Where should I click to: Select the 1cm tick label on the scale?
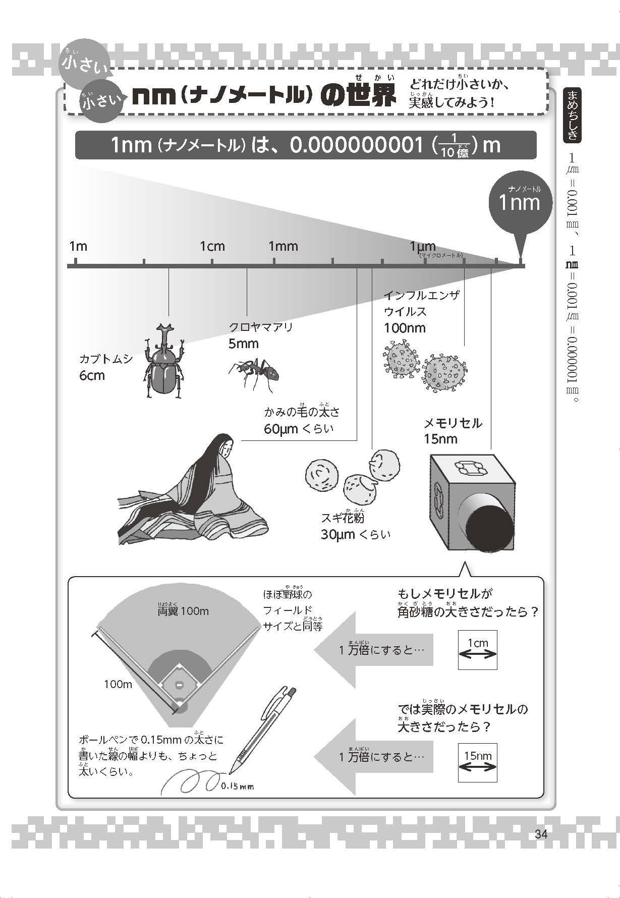tap(212, 246)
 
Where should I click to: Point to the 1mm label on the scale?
tap(283, 246)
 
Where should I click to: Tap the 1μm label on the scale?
tap(422, 247)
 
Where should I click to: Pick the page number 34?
tap(541, 834)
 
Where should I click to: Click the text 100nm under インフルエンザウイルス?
tap(405, 328)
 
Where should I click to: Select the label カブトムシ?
tap(106, 359)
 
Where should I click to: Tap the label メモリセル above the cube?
tap(453, 423)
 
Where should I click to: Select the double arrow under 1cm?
tap(478, 654)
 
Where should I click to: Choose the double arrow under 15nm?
tap(478, 767)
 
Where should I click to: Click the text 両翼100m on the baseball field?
tap(183, 611)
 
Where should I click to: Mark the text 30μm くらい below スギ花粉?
tap(356, 534)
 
